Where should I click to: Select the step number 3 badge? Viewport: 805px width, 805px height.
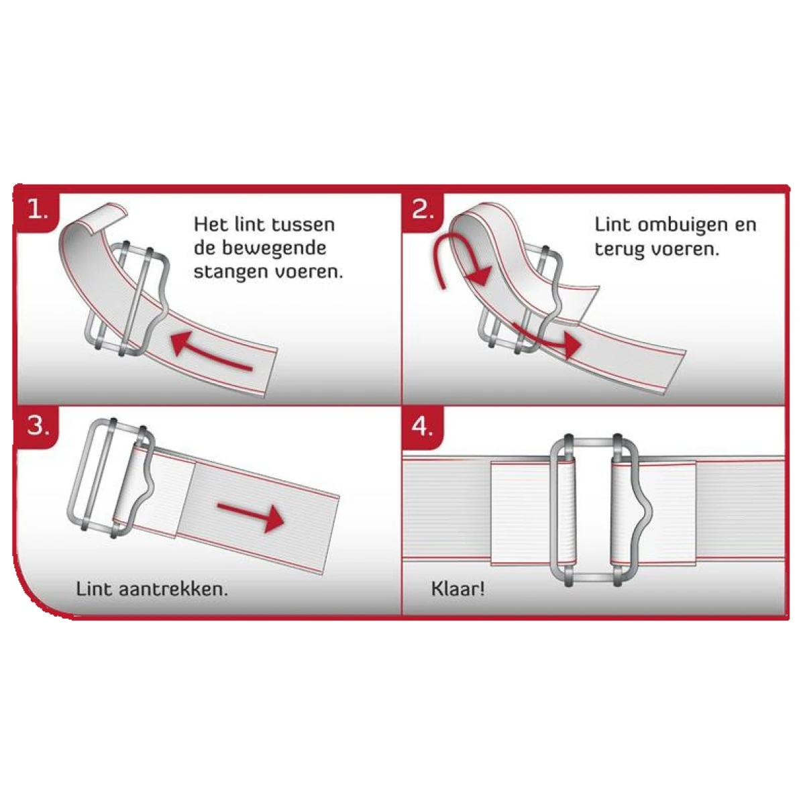tap(37, 427)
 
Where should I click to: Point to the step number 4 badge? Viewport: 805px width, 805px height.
tap(423, 427)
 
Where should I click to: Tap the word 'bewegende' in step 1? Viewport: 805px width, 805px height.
tap(274, 248)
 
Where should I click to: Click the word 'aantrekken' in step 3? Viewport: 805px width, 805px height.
tap(173, 589)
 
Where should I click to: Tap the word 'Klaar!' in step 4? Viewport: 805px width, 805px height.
tap(458, 589)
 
